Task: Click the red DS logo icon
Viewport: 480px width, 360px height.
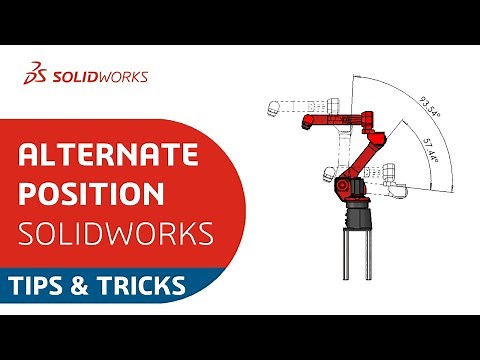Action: pyautogui.click(x=38, y=74)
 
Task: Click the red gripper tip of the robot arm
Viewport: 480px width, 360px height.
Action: pyautogui.click(x=304, y=123)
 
